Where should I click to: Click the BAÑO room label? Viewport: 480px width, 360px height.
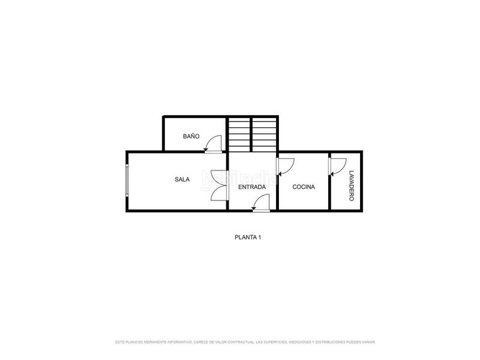[191, 136]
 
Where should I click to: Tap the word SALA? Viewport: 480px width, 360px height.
[182, 179]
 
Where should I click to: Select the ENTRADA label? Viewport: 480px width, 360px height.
[252, 187]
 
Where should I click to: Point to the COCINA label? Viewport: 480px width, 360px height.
[304, 187]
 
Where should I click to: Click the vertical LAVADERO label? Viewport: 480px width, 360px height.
[351, 185]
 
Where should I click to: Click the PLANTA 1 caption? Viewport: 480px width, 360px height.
[247, 237]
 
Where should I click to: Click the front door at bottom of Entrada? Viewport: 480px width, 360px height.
[260, 204]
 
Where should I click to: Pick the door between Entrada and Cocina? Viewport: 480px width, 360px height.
[284, 164]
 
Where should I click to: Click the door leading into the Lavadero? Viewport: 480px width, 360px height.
[337, 166]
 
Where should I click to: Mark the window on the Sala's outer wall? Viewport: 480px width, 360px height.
[127, 180]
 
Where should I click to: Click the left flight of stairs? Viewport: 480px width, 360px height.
[238, 134]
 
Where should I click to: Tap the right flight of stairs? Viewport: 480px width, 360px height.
[264, 134]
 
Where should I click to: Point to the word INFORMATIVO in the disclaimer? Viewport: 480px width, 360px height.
[178, 342]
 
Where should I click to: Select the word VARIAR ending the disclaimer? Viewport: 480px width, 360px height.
[368, 342]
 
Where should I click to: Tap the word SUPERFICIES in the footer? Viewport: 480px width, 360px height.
[271, 342]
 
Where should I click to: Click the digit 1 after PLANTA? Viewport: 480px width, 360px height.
[259, 237]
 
